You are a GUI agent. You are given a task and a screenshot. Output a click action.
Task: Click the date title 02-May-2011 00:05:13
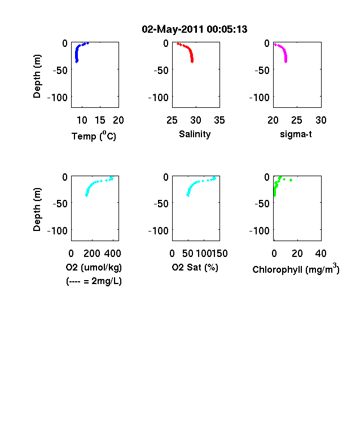coord(195,29)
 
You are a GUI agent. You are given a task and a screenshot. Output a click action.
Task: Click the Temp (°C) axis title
coord(94,136)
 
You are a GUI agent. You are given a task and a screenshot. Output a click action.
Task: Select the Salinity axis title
coord(195,134)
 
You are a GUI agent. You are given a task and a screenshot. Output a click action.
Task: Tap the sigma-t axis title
coord(296,134)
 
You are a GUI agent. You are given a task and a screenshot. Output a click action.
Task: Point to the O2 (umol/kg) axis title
coord(94,267)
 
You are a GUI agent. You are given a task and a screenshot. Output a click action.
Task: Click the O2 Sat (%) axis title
coord(195,267)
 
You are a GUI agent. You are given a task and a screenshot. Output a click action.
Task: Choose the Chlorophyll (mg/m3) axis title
coord(296,269)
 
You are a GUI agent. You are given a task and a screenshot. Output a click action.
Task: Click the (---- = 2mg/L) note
coord(94,281)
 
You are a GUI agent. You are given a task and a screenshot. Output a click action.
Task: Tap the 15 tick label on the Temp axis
coord(100,120)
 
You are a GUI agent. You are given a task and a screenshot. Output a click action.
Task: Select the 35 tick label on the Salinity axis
coord(219,120)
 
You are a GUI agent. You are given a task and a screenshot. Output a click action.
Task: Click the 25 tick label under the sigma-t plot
coord(296,120)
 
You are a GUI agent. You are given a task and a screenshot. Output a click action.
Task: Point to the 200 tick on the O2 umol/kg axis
coord(92,254)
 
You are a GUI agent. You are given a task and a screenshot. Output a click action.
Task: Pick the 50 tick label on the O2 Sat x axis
coord(188,254)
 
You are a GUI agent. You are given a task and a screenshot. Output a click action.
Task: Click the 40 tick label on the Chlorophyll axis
coord(321,254)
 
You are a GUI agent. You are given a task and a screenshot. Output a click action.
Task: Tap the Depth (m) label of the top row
coord(37,76)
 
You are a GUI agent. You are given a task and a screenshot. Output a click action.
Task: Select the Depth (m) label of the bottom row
coord(37,210)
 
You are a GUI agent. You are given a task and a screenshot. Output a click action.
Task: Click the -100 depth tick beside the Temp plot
coord(58,98)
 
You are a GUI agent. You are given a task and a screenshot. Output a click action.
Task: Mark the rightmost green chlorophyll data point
coord(291,180)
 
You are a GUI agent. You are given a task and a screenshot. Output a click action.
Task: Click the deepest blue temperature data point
coord(77,61)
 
